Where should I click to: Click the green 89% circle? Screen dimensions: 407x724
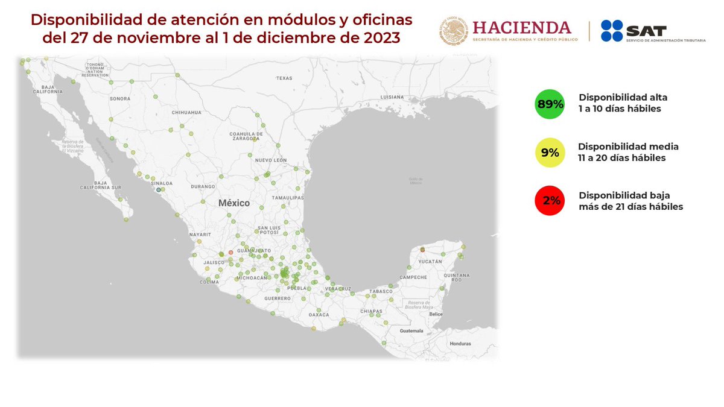tap(550, 104)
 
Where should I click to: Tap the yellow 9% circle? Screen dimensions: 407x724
tap(550, 153)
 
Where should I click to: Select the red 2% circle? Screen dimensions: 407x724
tap(550, 201)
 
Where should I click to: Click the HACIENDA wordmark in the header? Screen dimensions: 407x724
tap(521, 28)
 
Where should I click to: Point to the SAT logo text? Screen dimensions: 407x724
tap(646, 31)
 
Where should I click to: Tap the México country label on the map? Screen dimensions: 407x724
tap(233, 203)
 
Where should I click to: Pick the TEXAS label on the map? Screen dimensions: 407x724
tap(284, 78)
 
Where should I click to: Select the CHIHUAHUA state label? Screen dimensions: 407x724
tap(186, 113)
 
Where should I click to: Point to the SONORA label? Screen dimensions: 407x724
tap(120, 98)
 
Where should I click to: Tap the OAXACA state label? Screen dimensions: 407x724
tap(319, 314)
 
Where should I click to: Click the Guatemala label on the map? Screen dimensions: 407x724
tap(411, 331)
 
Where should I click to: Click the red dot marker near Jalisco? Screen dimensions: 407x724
tap(230, 252)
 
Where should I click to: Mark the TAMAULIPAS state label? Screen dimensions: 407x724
tap(287, 197)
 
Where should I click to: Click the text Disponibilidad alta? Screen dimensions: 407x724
tap(623, 97)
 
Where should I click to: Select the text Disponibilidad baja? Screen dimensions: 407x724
tap(624, 195)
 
